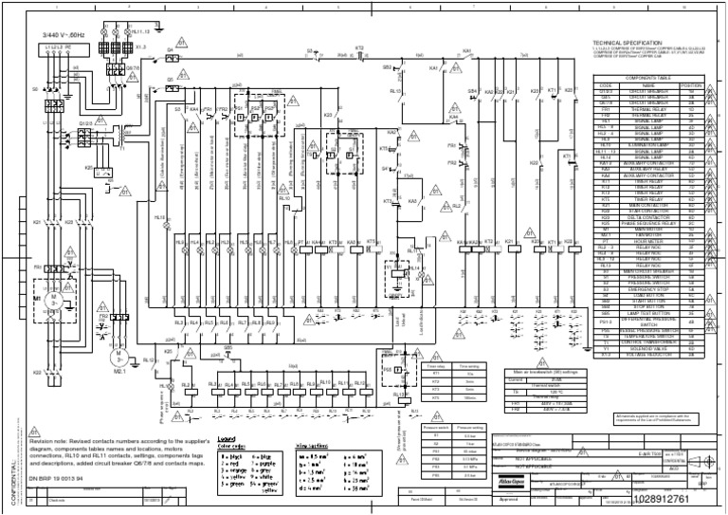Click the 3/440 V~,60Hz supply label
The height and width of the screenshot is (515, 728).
[x=62, y=37]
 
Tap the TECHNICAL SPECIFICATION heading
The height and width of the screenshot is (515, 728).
[x=632, y=44]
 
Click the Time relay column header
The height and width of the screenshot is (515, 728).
[x=438, y=364]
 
